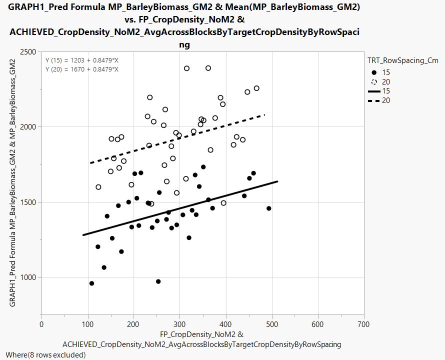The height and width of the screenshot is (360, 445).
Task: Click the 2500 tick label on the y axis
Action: point(28,52)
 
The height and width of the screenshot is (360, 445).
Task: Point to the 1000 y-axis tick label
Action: point(28,277)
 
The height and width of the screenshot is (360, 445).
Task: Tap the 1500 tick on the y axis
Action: point(28,202)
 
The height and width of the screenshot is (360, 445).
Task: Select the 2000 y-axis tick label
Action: point(28,127)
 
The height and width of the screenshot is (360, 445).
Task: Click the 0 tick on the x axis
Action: point(41,324)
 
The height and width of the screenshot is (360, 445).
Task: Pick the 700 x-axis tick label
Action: point(364,324)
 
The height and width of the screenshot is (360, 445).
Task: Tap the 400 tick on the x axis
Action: point(226,324)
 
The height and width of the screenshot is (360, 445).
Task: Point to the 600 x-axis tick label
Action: point(318,324)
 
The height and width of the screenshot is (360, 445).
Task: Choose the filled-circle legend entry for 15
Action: point(374,72)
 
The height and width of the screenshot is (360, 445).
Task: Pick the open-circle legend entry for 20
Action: point(374,81)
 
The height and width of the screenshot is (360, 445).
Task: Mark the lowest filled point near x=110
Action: point(91,283)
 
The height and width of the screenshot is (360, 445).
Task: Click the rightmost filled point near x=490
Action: point(269,208)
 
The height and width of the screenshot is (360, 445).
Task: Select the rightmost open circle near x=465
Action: point(256,88)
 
